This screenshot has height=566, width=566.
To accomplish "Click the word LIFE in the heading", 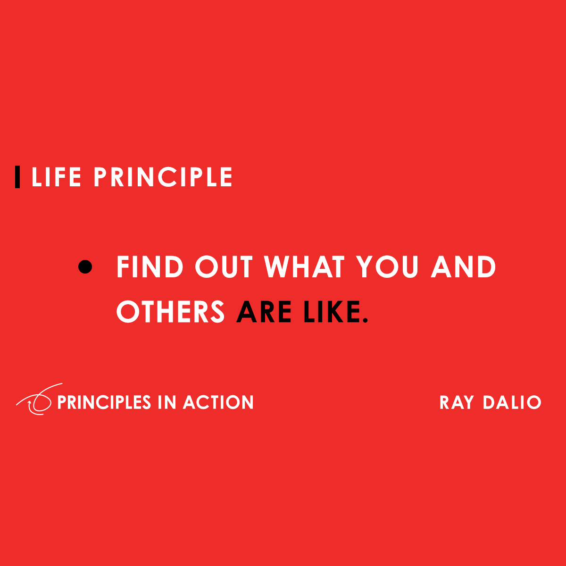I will coord(56,177).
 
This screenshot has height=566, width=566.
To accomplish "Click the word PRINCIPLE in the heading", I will coord(163,177).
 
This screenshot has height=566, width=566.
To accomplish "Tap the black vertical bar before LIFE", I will coord(17,177).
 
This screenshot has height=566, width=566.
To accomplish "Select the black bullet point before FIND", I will coord(85,267).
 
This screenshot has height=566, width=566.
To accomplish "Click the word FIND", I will coord(150,267).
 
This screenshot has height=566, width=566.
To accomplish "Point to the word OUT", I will coord(224,267).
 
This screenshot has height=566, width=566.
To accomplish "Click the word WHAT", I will coord(304,267).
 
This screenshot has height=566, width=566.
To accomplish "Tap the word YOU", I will coord(387,267).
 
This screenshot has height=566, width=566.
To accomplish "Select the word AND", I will coord(464,267).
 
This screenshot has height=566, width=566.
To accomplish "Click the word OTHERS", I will coord(171,312).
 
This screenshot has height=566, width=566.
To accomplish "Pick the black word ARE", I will coord(264,312).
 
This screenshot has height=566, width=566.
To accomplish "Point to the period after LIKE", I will coord(365,321).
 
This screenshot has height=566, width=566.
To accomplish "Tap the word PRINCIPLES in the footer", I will coord(104,402).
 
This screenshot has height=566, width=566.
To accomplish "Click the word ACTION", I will coord(218,402).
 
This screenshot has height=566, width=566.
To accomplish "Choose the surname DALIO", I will coord(512,402).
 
